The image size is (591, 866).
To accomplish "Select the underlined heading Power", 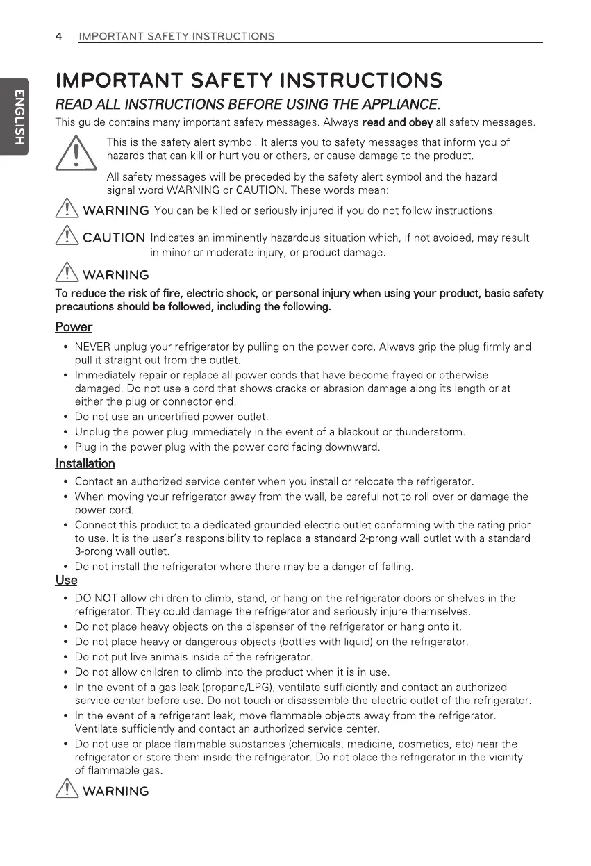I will click(x=74, y=327).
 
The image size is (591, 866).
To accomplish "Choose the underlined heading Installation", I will click(x=85, y=463).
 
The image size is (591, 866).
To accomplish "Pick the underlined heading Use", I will click(x=66, y=580).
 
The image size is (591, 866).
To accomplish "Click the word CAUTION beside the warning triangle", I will click(x=114, y=239).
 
